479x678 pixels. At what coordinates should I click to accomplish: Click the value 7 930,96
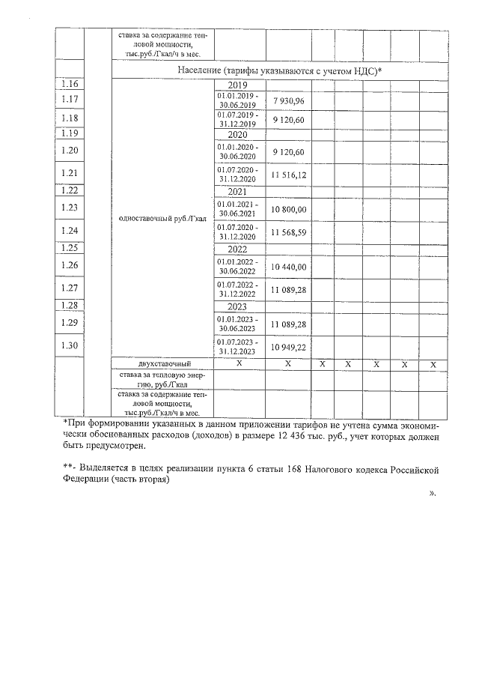pos(288,100)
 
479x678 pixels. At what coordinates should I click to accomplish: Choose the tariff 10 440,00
pos(288,266)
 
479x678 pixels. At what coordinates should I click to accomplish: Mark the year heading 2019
pos(237,85)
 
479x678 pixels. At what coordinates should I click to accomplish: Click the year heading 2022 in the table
pos(237,249)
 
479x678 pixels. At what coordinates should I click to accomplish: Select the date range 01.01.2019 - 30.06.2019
pos(237,100)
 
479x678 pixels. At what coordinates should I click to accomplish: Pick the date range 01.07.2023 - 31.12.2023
pos(237,346)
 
